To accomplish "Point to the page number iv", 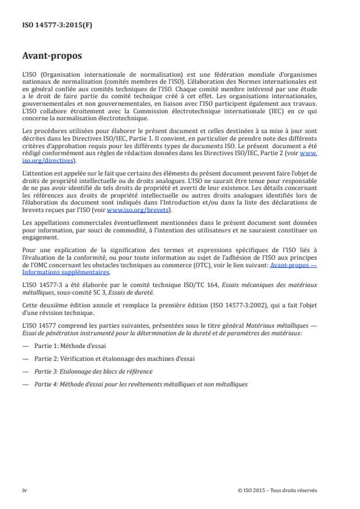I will pos(24,490).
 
